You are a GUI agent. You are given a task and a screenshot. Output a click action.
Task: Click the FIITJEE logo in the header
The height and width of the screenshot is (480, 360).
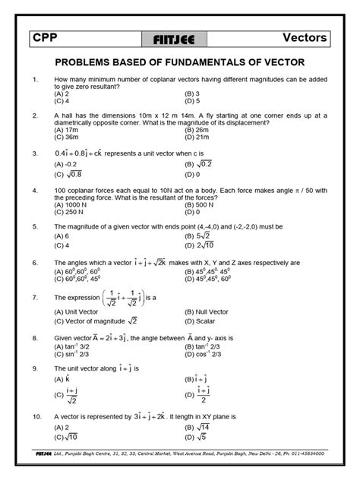pyautogui.click(x=179, y=38)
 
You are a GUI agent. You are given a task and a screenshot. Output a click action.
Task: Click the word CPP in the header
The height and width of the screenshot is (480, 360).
pyautogui.click(x=50, y=37)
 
